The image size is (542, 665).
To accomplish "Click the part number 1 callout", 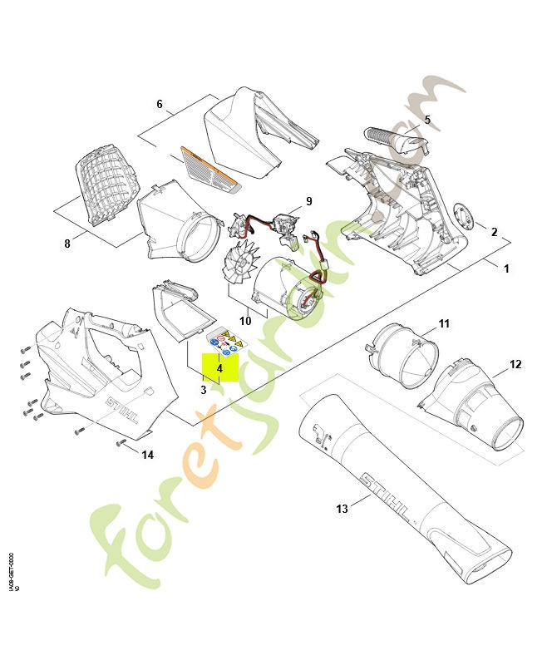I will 506,268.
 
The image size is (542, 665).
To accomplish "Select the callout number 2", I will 494,232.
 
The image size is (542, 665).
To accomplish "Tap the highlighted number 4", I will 219,367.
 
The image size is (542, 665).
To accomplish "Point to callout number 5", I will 427,120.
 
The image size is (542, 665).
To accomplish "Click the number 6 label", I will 160,105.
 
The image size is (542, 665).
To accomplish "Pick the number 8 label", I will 67,244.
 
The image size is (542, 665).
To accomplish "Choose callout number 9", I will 308,201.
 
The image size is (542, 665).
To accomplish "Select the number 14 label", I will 148,455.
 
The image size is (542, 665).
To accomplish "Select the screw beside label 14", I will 121,441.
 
